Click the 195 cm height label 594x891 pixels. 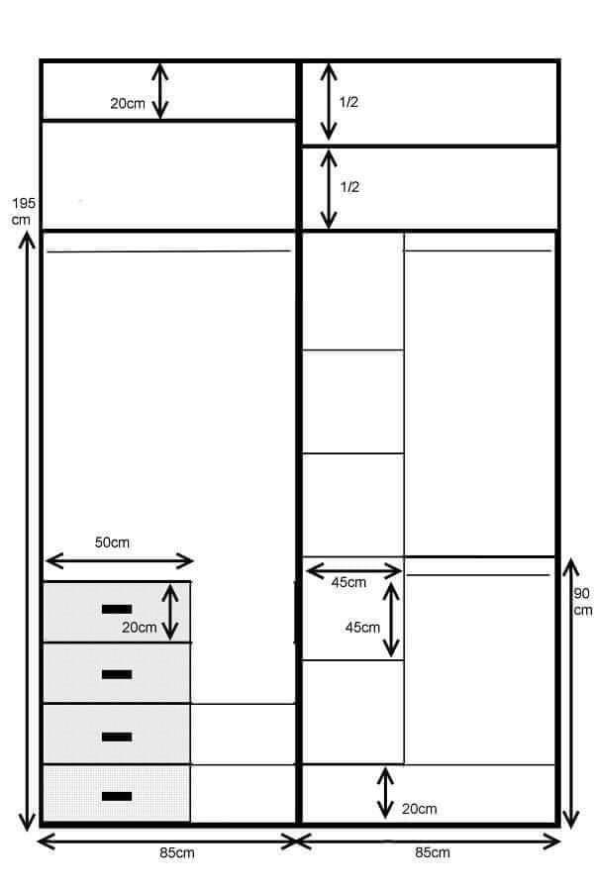[x=24, y=211]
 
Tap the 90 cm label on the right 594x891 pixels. [x=582, y=602]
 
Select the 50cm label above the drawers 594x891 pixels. [x=112, y=543]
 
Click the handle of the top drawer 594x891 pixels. [x=117, y=609]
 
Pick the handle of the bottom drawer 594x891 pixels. [x=117, y=796]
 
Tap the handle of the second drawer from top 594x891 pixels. [x=117, y=674]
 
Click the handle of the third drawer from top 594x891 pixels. [x=117, y=737]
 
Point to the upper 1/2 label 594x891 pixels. [x=348, y=102]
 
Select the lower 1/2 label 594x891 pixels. [x=349, y=187]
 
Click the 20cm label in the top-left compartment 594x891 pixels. [x=128, y=103]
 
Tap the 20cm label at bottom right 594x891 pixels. [x=420, y=809]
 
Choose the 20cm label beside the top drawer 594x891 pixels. [x=139, y=628]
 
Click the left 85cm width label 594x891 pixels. [x=177, y=853]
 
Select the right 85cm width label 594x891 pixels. [x=432, y=852]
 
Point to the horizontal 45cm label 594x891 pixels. [x=348, y=582]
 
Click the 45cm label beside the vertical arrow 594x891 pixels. [x=362, y=628]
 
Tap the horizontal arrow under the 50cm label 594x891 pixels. [x=120, y=561]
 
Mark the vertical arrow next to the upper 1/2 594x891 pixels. [x=328, y=101]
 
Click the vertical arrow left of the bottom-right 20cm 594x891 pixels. [x=385, y=793]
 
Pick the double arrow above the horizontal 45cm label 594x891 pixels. [x=353, y=570]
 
